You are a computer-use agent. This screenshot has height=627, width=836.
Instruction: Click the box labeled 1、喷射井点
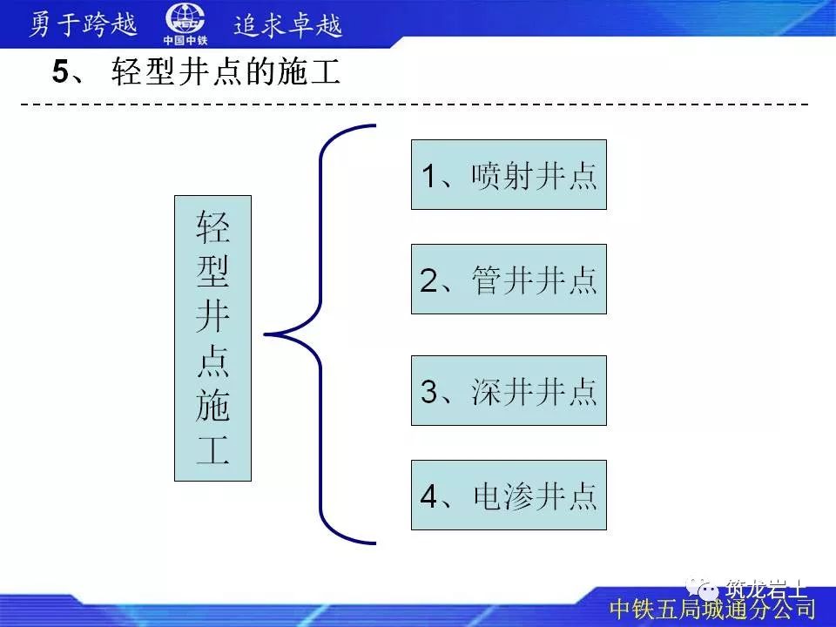click(509, 175)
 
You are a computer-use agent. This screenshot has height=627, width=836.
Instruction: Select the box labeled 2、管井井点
click(509, 280)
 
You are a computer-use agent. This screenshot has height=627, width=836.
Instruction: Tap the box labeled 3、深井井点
click(509, 391)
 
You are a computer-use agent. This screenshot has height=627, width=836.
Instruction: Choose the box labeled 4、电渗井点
click(509, 496)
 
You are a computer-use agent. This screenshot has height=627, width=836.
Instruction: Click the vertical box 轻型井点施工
click(212, 338)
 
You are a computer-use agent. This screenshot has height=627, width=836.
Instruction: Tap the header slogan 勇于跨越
click(84, 24)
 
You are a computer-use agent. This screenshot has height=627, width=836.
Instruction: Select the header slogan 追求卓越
click(287, 24)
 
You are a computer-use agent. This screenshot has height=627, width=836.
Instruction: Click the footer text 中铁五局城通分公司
click(712, 608)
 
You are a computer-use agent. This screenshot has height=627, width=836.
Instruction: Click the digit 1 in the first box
click(428, 176)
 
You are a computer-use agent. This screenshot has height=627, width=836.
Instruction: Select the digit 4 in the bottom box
click(428, 496)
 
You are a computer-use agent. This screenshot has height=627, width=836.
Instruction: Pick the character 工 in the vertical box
click(212, 452)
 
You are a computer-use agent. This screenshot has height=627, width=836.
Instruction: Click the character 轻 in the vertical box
click(212, 227)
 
